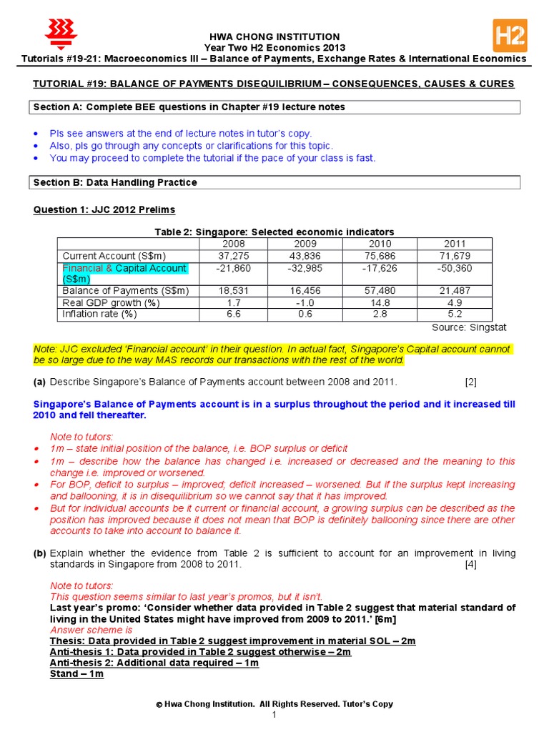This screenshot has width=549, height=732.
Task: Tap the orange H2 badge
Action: tap(510, 35)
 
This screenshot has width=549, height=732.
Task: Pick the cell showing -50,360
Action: tap(455, 267)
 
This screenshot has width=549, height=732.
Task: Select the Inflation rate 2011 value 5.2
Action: tap(455, 314)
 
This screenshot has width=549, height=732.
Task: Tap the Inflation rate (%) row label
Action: tap(99, 314)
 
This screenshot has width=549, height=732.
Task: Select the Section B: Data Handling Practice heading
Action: tap(115, 182)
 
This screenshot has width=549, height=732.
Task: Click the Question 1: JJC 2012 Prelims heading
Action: tap(104, 209)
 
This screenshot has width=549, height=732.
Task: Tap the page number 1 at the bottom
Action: tap(274, 716)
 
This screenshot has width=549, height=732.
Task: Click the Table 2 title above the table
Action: tap(274, 232)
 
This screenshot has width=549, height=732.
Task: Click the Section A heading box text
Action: tap(189, 107)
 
